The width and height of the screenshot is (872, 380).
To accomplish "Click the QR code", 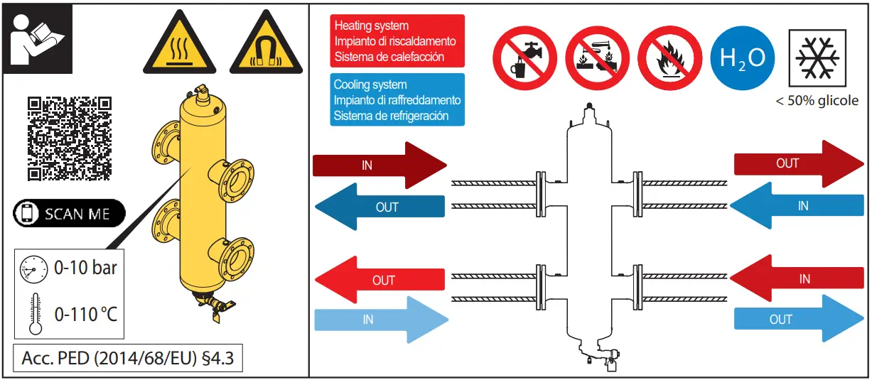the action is (70, 139).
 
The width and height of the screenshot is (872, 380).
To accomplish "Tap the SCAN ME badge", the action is (70, 213).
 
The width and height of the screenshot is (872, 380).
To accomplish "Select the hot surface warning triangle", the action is (180, 42).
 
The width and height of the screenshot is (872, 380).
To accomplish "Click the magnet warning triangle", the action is (266, 42).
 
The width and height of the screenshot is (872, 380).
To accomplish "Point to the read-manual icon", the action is (38, 38).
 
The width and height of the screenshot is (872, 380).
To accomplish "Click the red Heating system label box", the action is (397, 40).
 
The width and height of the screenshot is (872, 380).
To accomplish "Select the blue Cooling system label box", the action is (397, 99).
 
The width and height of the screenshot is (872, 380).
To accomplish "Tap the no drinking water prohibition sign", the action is (524, 58).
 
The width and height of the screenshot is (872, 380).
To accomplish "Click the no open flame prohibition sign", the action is (670, 58).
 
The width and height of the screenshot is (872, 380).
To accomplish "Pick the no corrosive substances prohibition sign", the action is (598, 58).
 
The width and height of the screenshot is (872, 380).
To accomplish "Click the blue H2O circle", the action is (743, 58).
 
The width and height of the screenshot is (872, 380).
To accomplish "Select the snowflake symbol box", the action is (817, 58).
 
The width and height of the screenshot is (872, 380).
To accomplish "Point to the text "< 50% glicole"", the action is (817, 101).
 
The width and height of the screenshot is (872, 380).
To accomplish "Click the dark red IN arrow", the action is (380, 165).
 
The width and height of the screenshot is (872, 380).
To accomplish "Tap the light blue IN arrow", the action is (381, 320).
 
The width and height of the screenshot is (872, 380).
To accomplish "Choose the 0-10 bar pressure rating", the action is (85, 268).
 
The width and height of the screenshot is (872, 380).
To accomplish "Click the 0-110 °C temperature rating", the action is (86, 314).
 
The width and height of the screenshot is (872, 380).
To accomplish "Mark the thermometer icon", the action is (36, 314).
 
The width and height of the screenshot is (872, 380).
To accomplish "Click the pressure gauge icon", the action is (34, 269).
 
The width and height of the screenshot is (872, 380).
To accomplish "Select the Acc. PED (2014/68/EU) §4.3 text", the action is (128, 358).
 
